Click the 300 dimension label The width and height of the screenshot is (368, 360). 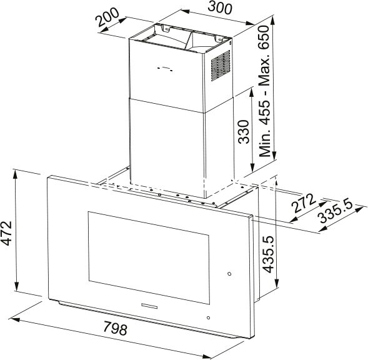pos(220,7)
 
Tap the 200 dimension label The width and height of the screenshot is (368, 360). pos(107,17)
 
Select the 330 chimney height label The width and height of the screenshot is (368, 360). pos(244,132)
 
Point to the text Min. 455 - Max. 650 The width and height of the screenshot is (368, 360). pos(264,91)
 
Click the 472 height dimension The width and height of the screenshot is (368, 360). pos(6,233)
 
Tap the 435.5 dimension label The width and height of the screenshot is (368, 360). pos(268,254)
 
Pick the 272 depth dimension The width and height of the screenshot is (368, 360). pos(302,203)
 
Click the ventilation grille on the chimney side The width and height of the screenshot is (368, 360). pos(221,66)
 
